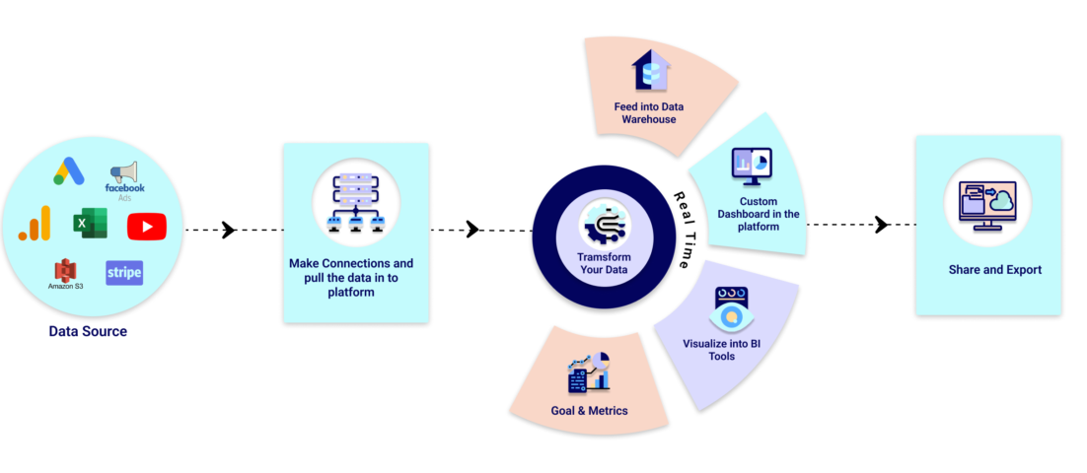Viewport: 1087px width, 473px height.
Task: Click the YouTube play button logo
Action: point(146,227)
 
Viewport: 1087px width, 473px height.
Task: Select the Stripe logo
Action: point(124,272)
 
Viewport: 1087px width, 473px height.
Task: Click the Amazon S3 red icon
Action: point(65,270)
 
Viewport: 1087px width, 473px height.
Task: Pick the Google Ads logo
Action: point(68,171)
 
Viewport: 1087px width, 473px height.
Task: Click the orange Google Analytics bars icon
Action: point(35,226)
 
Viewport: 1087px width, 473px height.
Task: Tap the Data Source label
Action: point(88,331)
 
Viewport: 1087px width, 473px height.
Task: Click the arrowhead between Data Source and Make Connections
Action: point(229,231)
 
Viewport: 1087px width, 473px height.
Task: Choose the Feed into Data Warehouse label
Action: point(648,112)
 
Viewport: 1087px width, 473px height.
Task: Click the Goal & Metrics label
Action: point(589,410)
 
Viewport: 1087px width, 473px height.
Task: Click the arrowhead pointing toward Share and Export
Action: point(881,225)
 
